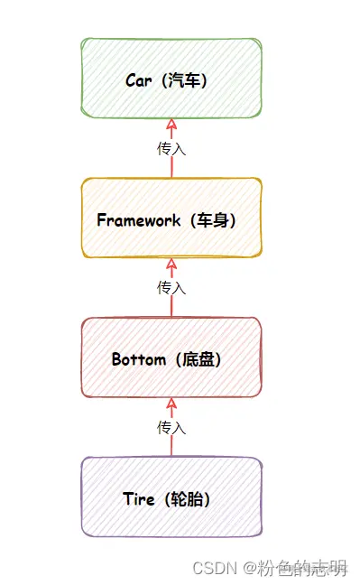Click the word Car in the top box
click(139, 80)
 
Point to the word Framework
click(138, 219)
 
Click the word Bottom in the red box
click(139, 358)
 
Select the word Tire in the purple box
click(139, 498)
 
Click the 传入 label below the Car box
click(171, 148)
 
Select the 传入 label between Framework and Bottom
click(171, 287)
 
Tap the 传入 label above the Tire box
click(171, 426)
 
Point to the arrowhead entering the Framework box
click(171, 265)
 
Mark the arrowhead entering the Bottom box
click(171, 404)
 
